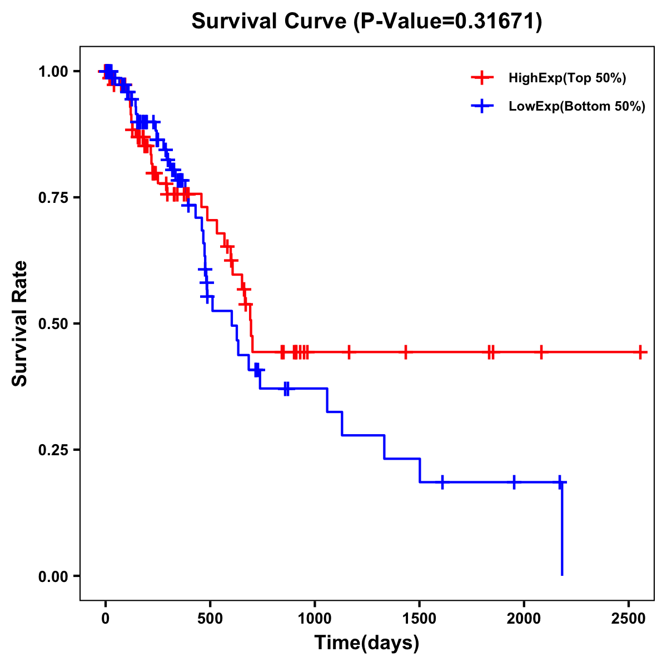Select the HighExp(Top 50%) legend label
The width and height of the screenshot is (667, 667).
567,78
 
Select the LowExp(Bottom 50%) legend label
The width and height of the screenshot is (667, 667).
576,107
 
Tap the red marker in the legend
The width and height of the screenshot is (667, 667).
482,78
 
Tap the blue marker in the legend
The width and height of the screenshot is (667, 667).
482,107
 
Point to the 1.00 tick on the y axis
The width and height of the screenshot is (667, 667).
53,71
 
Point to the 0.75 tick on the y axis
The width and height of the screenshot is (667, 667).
53,197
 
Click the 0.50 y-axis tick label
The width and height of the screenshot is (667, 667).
53,323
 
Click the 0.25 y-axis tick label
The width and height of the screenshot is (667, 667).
53,450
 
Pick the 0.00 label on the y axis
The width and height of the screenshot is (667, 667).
53,576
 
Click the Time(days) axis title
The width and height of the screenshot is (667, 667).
367,643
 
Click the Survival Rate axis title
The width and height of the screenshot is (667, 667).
21,323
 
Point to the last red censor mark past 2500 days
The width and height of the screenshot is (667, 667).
641,352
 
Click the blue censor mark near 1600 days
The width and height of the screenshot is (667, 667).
442,482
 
